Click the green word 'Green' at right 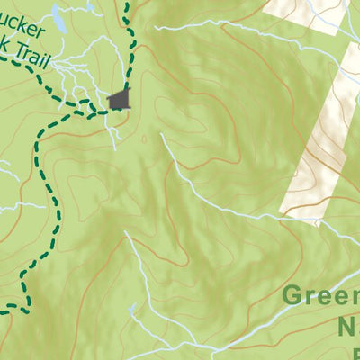[x=320, y=297]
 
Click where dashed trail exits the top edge [x=127, y=3]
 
